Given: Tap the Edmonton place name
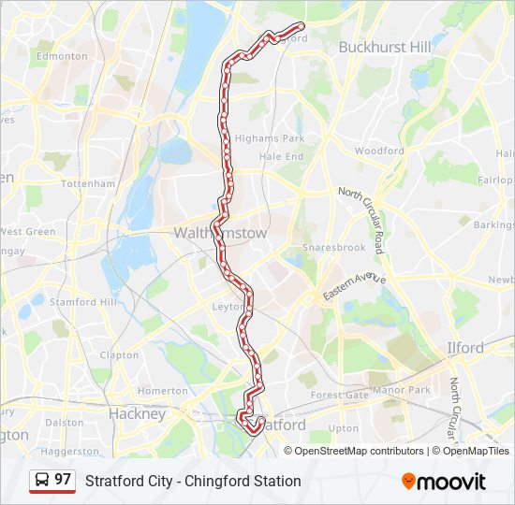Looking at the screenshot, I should pos(61,56).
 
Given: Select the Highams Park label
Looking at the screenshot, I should pos(271,138).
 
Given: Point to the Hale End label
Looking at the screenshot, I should pos(281,157).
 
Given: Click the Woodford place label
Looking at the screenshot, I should pos(379,151).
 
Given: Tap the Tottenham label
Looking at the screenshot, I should pos(87,184).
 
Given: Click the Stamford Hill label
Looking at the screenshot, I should pos(84,302).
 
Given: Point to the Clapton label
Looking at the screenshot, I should pos(119,355).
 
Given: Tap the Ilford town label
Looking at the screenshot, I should pos(464,348).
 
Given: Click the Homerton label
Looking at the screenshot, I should pos(162,391).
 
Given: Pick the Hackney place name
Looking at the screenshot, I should pos(137,413).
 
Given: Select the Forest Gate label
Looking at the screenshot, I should pos(340,396).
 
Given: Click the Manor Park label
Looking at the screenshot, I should pos(400,389).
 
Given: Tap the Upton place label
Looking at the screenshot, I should pos(344,428).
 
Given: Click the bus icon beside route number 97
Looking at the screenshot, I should pos(42,480).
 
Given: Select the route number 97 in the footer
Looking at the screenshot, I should pos(63,480).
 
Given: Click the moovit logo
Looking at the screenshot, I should pos(444,481).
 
